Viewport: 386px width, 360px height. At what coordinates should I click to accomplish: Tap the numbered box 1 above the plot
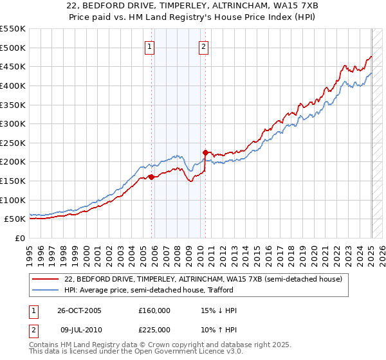tap(149, 46)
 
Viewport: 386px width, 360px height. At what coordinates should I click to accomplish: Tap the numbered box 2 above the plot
tap(203, 46)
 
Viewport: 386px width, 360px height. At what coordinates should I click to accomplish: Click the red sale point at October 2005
tap(151, 177)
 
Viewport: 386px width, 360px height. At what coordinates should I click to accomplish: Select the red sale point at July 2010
tap(205, 152)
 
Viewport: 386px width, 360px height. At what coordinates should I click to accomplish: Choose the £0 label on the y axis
tap(20, 238)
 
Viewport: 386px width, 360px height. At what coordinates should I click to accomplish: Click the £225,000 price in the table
tap(155, 330)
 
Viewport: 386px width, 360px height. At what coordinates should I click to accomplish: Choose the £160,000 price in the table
tap(155, 310)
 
